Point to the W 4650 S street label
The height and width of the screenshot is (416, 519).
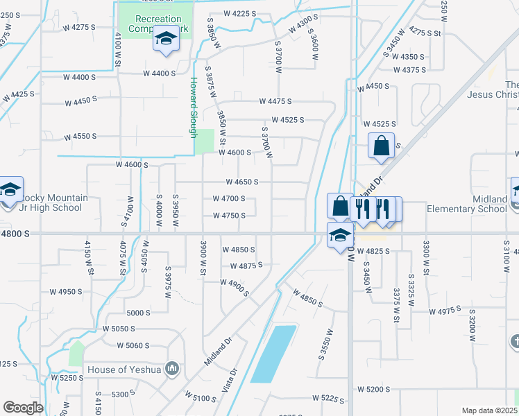point(241,182)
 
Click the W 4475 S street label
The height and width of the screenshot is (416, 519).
point(275,102)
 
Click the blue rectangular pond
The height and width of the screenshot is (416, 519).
point(273,353)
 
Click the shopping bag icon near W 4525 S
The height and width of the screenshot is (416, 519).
point(381,146)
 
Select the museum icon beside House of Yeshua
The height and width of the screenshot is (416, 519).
point(172,369)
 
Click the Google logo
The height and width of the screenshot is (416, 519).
point(23,408)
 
